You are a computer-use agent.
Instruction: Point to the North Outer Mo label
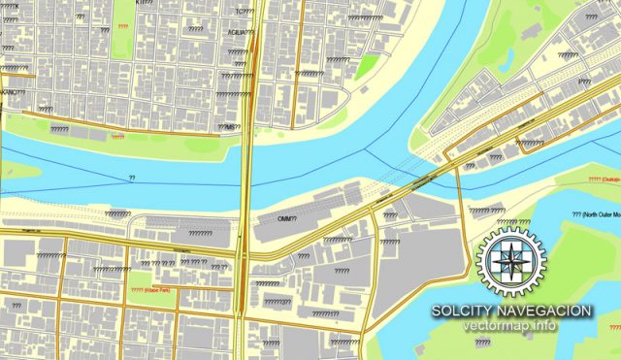coord(595,214)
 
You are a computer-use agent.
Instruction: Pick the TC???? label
coord(245,12)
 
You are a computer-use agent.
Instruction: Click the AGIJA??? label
coord(242,33)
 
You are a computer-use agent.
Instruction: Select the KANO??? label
coord(13,92)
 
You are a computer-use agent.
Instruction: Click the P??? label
coord(584,82)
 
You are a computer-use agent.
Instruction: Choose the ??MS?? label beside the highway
coord(228,126)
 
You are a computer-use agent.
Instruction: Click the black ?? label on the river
coord(132,178)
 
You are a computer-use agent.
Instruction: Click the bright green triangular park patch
coord(368,65)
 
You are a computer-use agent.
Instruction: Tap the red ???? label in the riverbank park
coord(117,138)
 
